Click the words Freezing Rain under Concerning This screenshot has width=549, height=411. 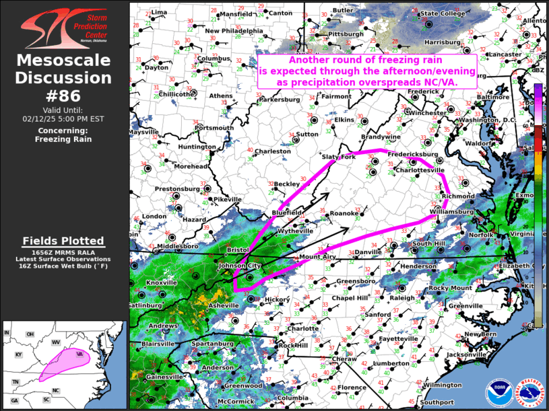(x=65, y=139)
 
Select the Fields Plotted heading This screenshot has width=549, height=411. (x=63, y=240)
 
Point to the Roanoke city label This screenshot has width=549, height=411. (x=344, y=213)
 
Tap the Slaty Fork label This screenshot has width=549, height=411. (x=338, y=157)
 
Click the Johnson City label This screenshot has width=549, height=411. (x=239, y=266)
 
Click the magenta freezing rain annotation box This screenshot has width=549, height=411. (x=367, y=71)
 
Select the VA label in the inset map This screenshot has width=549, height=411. (x=79, y=353)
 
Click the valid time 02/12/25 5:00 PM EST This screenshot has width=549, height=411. (x=65, y=118)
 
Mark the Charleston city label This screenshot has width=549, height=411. (x=271, y=151)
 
